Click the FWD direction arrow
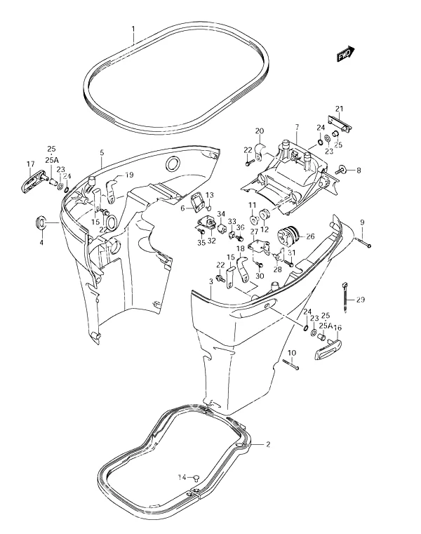point(346,54)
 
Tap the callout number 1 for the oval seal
point(133,29)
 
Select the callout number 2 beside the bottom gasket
point(268,444)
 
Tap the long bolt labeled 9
point(363,243)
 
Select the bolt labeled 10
point(290,364)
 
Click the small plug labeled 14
point(196,479)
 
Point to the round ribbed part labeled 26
point(288,236)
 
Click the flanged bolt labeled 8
point(342,169)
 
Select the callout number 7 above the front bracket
point(297,128)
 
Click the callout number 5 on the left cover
point(102,153)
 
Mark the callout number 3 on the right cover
point(211,281)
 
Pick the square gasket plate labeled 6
point(199,202)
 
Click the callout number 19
point(129,175)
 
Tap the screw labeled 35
point(202,232)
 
